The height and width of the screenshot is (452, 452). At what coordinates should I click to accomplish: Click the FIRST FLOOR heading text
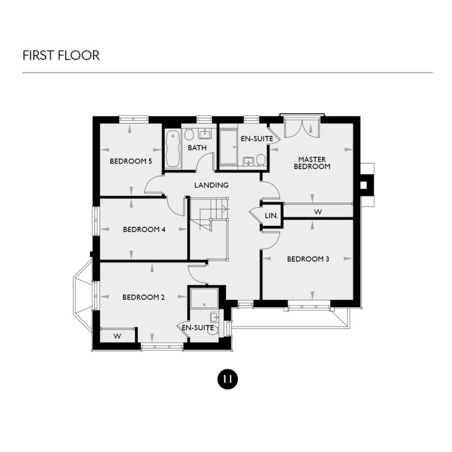point(61,55)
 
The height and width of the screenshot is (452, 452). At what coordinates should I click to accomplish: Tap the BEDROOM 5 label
point(128,161)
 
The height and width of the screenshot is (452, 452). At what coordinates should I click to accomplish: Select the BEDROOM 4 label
point(144,230)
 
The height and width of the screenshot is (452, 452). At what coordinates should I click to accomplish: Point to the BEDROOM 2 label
point(143,297)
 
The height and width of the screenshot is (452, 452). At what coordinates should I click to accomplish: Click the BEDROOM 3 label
point(307,259)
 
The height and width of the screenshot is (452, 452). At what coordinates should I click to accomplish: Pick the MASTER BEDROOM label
point(312,162)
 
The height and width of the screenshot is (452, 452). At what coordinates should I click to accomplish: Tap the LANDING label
point(211,185)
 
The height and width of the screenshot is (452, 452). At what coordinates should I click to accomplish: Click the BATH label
point(197,148)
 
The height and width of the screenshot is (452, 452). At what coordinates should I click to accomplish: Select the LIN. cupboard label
point(271,215)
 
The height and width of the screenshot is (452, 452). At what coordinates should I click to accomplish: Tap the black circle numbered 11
point(227,379)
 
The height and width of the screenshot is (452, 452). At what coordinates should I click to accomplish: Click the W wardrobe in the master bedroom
point(318,211)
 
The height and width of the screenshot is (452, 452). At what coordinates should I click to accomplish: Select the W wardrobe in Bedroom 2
point(117,336)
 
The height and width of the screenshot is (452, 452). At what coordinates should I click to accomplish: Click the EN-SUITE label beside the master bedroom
point(257,139)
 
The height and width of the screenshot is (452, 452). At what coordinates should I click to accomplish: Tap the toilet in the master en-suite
point(261,159)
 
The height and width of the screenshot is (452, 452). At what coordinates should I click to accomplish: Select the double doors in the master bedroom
point(301,127)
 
